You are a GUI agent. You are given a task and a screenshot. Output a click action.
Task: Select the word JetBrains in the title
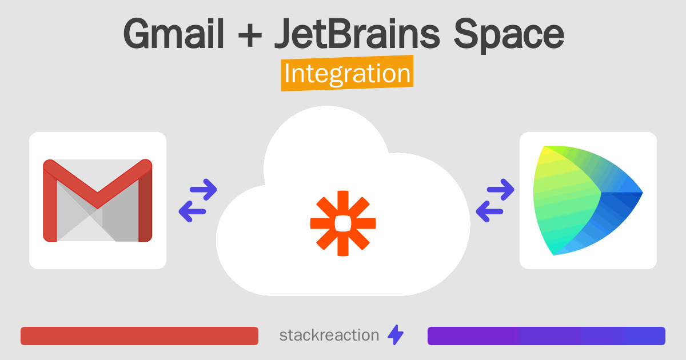[357, 35]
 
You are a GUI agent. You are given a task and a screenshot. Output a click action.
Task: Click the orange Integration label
[347, 75]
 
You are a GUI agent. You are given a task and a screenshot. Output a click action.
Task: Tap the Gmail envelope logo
[98, 201]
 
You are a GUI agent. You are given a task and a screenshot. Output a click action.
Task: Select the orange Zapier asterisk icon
[342, 223]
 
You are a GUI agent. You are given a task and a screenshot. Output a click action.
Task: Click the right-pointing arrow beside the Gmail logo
[204, 189]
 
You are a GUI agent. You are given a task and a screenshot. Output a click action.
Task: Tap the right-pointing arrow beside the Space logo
[501, 189]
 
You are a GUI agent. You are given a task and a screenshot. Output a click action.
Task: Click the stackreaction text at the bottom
[329, 335]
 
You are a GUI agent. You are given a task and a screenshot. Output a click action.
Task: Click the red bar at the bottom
[139, 336]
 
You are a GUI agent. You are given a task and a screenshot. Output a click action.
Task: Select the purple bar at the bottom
[546, 336]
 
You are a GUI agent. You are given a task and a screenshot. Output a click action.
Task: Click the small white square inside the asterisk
[342, 223]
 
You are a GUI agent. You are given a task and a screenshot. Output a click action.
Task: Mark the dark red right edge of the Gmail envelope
[145, 206]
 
